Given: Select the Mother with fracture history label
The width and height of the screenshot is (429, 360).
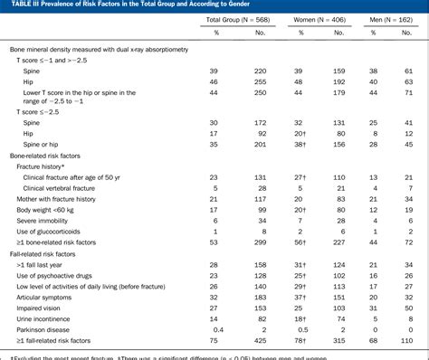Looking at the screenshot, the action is click(55, 194).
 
